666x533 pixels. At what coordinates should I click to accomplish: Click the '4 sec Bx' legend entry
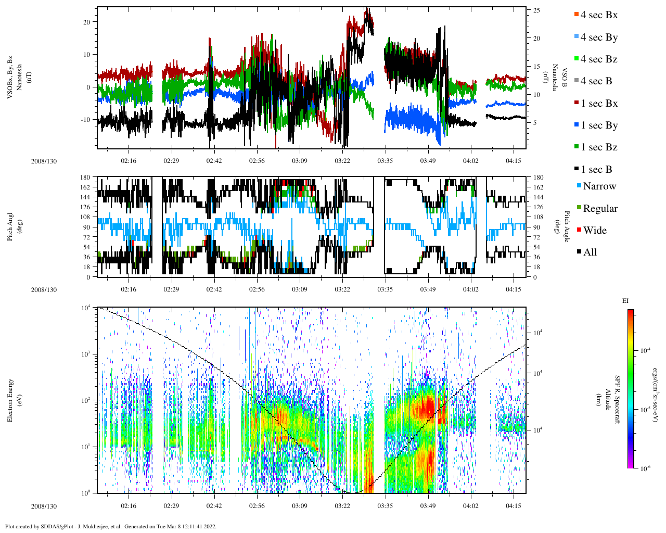click(x=599, y=15)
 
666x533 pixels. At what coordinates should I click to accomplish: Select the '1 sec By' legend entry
click(x=599, y=125)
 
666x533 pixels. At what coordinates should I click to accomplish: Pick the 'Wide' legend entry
click(x=595, y=231)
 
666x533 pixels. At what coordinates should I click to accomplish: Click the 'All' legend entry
click(x=590, y=252)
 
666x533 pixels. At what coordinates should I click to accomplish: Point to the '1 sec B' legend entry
click(x=596, y=170)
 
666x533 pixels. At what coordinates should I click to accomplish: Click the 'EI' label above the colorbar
click(x=625, y=301)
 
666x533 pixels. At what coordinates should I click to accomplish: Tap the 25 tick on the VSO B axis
click(x=536, y=10)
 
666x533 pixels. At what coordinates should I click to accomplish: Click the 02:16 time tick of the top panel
click(x=129, y=161)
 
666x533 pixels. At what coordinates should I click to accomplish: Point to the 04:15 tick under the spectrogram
click(x=514, y=506)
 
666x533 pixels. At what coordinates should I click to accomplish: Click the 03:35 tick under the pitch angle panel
click(x=385, y=289)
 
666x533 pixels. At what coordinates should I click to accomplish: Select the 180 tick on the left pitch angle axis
click(x=85, y=177)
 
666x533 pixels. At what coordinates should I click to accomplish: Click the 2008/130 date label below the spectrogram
click(x=44, y=506)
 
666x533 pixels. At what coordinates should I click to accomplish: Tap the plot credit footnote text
click(x=111, y=526)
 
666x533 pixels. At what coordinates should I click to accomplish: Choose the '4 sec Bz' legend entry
click(x=599, y=59)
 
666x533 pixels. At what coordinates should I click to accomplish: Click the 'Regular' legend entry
click(x=600, y=209)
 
